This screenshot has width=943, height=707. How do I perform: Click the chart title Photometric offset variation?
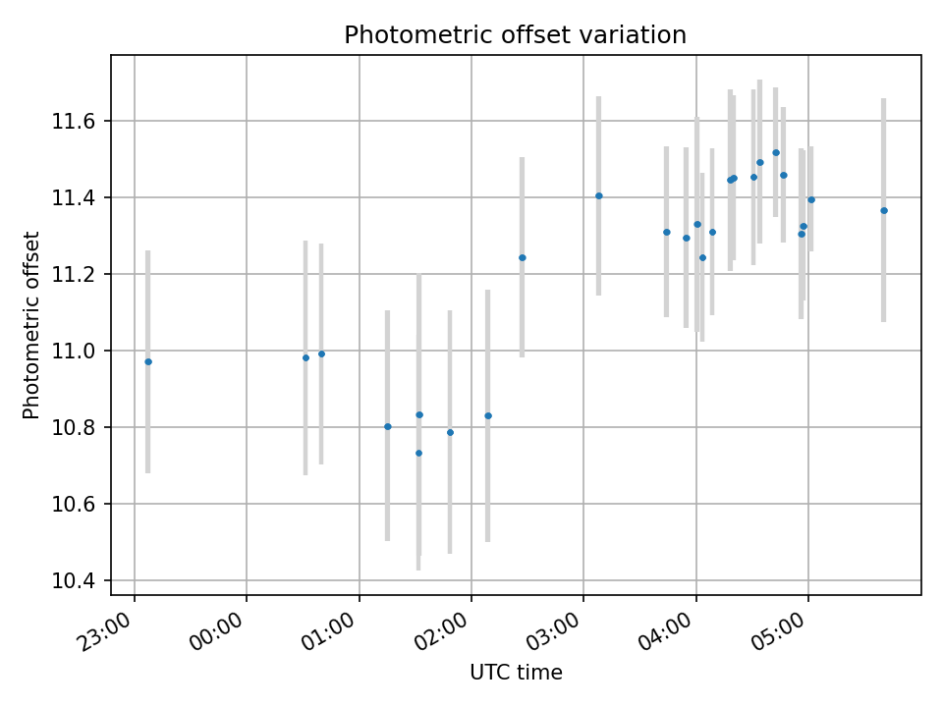(x=515, y=35)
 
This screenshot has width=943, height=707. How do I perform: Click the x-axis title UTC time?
(x=516, y=673)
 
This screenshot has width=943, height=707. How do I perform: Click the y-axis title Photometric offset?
(x=32, y=325)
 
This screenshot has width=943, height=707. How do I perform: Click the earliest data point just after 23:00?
(x=148, y=361)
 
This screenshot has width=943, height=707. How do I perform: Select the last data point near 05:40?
(x=884, y=210)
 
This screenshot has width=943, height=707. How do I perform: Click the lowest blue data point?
(x=418, y=453)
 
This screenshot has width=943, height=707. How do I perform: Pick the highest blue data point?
(x=776, y=152)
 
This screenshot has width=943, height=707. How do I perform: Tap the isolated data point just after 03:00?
(x=599, y=195)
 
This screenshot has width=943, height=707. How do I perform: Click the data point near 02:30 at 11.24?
(x=523, y=257)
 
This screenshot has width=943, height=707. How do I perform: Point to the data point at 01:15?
(x=388, y=426)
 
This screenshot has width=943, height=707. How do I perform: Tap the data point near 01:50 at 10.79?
(x=450, y=432)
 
